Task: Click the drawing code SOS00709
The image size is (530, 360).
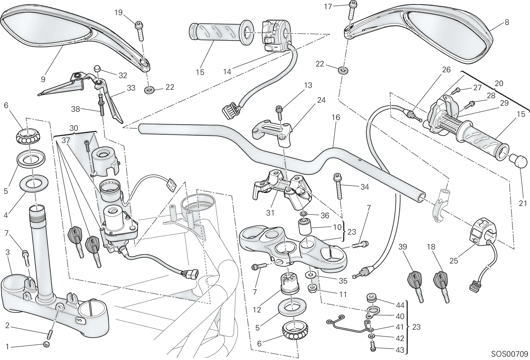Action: point(509,354)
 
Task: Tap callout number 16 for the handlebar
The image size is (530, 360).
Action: point(336,117)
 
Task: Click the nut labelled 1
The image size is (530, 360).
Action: point(47,344)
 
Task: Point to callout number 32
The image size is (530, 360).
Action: point(123,75)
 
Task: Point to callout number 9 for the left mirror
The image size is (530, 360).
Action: point(43,79)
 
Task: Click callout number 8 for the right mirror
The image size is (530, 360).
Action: point(507,22)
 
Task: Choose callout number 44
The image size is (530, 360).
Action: point(400,306)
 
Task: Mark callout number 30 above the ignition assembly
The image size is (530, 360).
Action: point(74,128)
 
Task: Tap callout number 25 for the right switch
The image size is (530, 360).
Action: point(453,261)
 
